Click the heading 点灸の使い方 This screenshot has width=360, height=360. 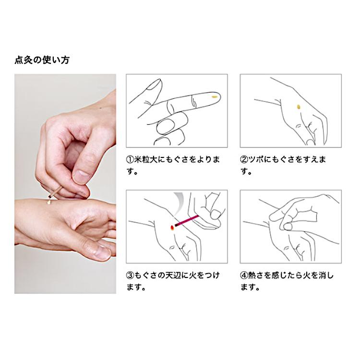coord(42,60)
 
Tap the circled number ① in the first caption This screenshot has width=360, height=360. coord(130,159)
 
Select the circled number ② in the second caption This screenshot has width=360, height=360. coord(244,159)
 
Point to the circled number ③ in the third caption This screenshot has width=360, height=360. coord(130,275)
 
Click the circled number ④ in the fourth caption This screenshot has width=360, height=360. coord(244,275)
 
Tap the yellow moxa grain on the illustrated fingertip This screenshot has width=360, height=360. coord(215,96)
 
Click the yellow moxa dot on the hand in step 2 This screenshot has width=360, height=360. coord(299,107)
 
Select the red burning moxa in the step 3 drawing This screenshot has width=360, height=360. coord(172,228)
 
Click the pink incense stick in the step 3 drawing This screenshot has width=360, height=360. coord(187,221)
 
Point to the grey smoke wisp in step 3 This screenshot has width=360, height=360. coord(179,201)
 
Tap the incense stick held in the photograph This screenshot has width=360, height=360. coord(55,192)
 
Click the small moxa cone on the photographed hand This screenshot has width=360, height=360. coord(49,202)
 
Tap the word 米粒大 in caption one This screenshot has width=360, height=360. coord(145,159)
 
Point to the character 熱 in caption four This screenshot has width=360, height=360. coord(252,275)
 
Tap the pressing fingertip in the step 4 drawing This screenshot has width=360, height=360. coord(288,227)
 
